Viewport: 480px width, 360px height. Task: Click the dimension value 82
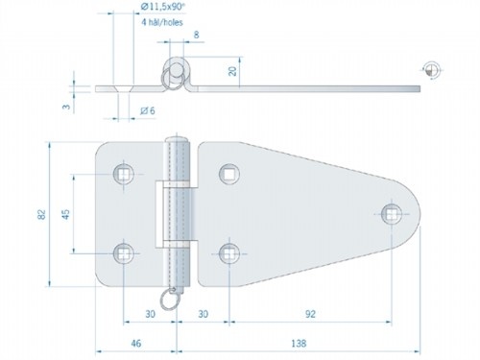40,215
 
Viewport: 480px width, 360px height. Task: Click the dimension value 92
309,313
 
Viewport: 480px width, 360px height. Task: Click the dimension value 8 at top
196,36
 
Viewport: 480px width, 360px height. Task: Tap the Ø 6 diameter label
147,111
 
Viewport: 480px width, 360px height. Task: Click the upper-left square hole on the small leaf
124,173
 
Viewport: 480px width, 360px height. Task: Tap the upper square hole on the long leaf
228,173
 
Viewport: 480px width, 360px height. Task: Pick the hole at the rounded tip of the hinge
390,212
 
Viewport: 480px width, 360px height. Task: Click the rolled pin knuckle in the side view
177,72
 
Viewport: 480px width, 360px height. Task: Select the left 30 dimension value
150,313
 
